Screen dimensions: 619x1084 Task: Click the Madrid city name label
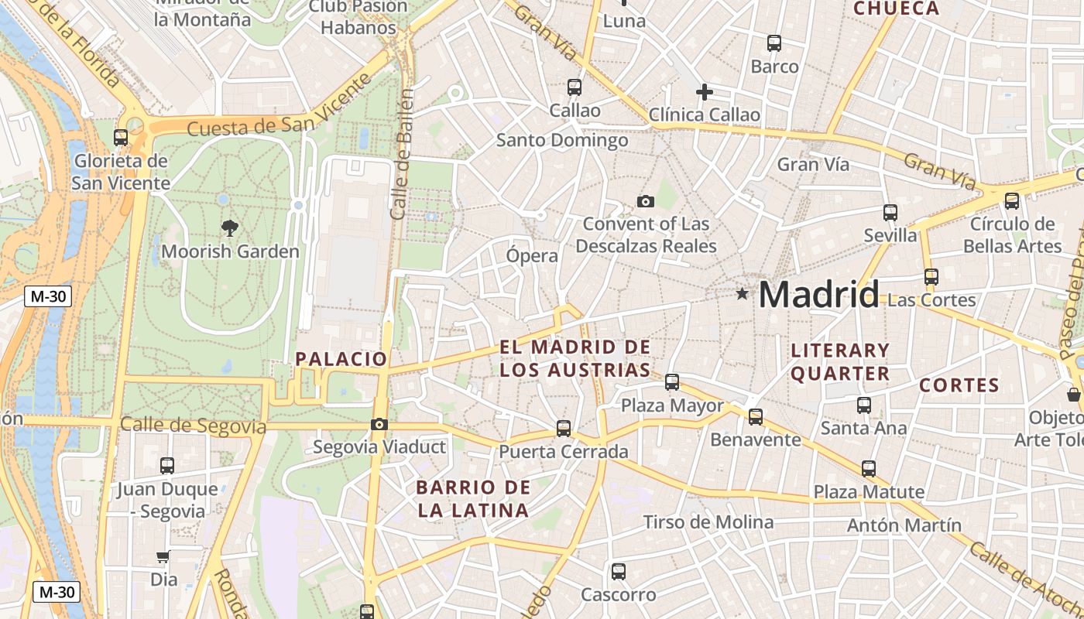point(818,295)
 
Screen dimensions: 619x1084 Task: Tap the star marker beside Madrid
point(743,293)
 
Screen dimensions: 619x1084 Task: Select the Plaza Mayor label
point(672,405)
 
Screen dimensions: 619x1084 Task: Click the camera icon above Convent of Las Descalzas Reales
point(645,202)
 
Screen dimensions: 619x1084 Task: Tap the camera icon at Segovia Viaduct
point(379,424)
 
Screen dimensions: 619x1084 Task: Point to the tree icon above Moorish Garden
point(229,227)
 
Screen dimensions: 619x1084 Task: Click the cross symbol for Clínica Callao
point(704,93)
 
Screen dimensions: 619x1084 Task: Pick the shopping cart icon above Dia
point(163,557)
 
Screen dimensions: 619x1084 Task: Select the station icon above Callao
point(574,87)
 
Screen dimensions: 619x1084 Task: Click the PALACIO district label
point(341,359)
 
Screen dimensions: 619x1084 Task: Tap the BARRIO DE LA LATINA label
point(473,499)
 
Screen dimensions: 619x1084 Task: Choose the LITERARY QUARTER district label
point(840,362)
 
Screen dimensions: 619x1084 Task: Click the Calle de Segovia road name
point(193,426)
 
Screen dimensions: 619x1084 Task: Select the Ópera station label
point(532,256)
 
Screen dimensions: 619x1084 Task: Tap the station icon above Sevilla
point(890,213)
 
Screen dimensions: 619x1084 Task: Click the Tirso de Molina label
point(708,522)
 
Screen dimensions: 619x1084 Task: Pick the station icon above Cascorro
point(618,572)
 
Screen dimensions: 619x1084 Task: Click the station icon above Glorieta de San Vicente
point(121,138)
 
